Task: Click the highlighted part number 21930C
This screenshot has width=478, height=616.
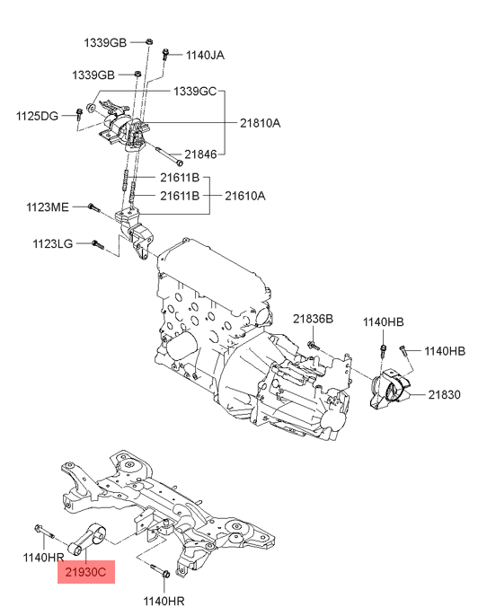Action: pos(85,572)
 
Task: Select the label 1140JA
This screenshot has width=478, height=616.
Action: pos(205,55)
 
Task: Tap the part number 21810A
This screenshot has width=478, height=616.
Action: pos(261,123)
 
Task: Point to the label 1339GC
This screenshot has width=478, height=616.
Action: pos(195,92)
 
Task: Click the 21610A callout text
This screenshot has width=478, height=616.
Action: pos(245,196)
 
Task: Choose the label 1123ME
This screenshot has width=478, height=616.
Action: pos(47,207)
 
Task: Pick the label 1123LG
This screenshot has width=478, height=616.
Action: pos(53,244)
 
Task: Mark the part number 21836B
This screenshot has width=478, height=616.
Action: pos(313,319)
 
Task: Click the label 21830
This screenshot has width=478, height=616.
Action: pos(444,394)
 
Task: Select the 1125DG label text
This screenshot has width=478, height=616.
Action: pos(37,117)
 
